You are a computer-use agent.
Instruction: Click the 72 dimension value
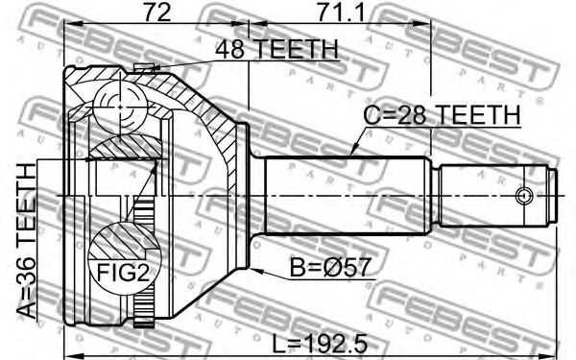click(x=156, y=12)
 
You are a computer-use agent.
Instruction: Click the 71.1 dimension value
click(x=341, y=12)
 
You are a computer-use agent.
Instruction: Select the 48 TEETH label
click(x=276, y=49)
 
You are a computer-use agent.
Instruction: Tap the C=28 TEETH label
click(x=442, y=114)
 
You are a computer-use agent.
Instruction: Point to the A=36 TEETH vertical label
click(x=27, y=241)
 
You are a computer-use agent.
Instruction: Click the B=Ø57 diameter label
click(x=329, y=268)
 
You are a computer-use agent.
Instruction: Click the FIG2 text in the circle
click(x=124, y=273)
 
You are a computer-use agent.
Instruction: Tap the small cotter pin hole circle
click(x=524, y=196)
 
